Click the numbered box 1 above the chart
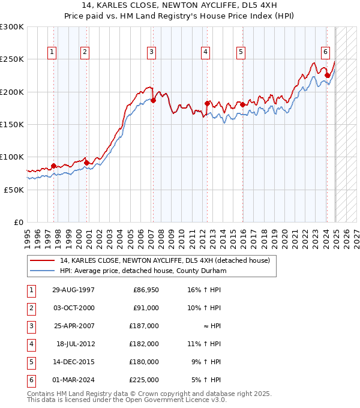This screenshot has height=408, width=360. pos(53,52)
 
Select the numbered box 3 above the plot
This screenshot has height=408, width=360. pos(152,52)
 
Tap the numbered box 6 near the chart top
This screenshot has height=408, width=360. pos(325,52)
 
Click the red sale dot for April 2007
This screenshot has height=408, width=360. pos(153,101)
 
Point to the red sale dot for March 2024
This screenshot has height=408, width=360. pos(327,76)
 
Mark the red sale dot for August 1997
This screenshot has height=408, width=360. pos(54,166)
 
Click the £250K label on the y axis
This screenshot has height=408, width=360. pos(12,59)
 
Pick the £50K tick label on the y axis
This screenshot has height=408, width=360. pos(14,190)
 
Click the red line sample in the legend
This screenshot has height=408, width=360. pos(41,260)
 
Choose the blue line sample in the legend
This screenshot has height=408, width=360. pos(41,271)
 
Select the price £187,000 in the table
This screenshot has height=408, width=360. pos(145,326)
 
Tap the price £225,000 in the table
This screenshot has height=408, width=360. pos(145,380)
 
